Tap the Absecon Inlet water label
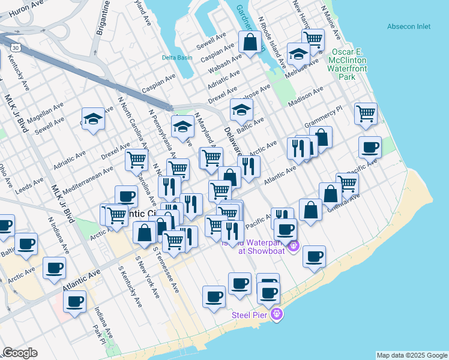pos(409,26)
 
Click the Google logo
pos(20,353)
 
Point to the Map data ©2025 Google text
pos(411,355)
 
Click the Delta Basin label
pos(177,58)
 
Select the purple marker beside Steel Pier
pos(276,314)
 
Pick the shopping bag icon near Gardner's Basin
pos(250,43)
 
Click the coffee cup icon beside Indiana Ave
pos(74,301)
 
